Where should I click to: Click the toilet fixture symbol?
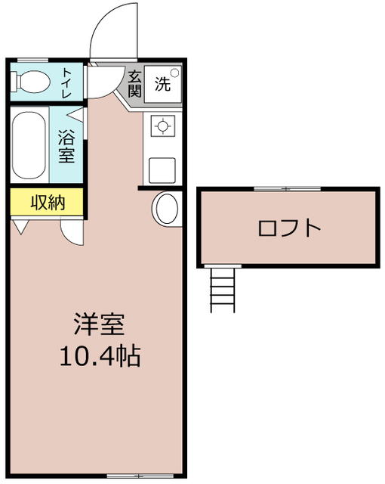(31, 81)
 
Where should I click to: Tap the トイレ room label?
(68, 80)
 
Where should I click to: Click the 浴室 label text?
(67, 146)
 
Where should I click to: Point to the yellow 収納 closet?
(47, 202)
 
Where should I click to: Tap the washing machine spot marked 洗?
(164, 83)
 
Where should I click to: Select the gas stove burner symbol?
(162, 126)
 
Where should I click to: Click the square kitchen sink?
(162, 169)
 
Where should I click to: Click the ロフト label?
(289, 228)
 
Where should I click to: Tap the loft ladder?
(223, 289)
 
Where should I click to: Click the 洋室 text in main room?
(99, 324)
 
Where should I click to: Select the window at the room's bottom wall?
(129, 476)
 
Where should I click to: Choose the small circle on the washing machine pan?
(175, 73)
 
